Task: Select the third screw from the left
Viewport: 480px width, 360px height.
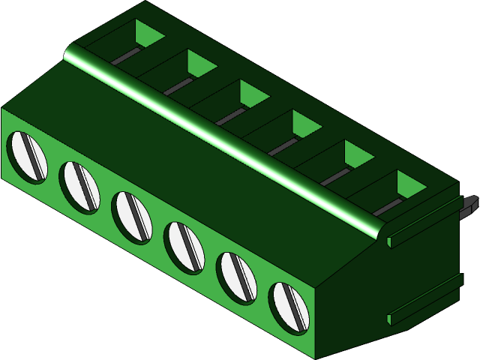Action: pyautogui.click(x=131, y=215)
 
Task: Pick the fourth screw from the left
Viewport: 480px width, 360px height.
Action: pyautogui.click(x=184, y=246)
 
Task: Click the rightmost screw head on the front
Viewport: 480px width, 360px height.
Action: pyautogui.click(x=289, y=307)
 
